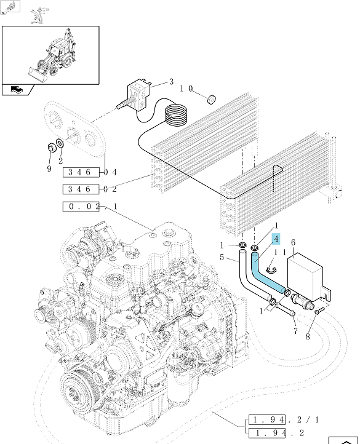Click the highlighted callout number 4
pyautogui.click(x=276, y=239)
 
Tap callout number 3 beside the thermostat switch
pyautogui.click(x=171, y=82)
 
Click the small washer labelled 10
pyautogui.click(x=212, y=99)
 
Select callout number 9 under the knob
pyautogui.click(x=49, y=168)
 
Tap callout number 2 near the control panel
pyautogui.click(x=61, y=161)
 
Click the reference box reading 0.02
pyautogui.click(x=81, y=207)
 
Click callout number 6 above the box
pyautogui.click(x=293, y=242)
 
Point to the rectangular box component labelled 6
pyautogui.click(x=308, y=277)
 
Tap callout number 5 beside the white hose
pyautogui.click(x=222, y=257)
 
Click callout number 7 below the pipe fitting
pyautogui.click(x=295, y=330)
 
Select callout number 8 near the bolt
pyautogui.click(x=308, y=336)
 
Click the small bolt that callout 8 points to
pyautogui.click(x=319, y=311)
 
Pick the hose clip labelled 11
pyautogui.click(x=271, y=271)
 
